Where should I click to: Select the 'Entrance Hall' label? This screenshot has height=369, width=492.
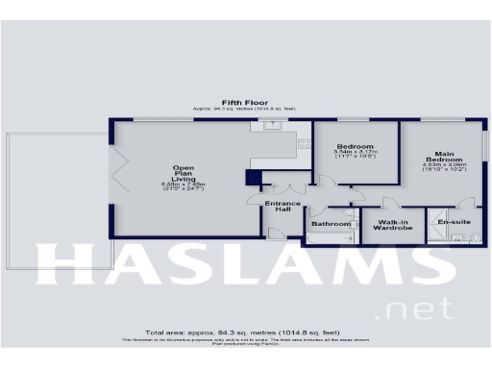click(x=283, y=208)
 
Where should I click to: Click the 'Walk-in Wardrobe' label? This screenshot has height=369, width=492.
click(x=392, y=225)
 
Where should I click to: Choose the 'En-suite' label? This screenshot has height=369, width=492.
click(x=454, y=223)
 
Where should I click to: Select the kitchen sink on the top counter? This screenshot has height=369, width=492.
click(x=274, y=124)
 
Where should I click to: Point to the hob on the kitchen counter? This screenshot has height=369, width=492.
click(x=305, y=143)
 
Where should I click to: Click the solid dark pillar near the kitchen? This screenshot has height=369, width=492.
click(x=253, y=178)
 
